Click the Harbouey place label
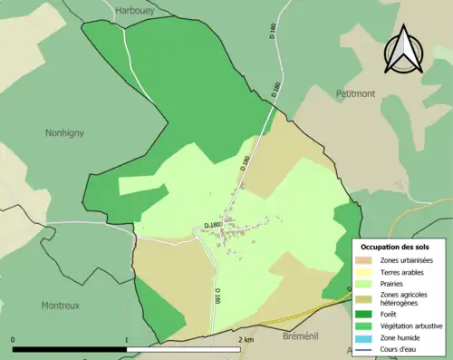(x=134, y=10)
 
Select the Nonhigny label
(x=64, y=132)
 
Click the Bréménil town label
(x=284, y=336)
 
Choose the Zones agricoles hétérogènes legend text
(x=405, y=299)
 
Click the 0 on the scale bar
(x=14, y=340)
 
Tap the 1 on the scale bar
(x=126, y=340)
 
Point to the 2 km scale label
(x=246, y=340)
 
